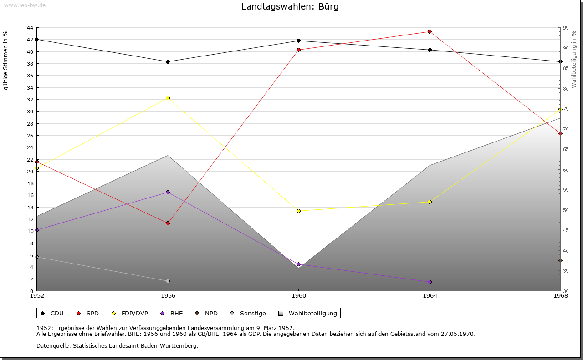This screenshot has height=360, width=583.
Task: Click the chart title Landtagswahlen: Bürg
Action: tap(290, 7)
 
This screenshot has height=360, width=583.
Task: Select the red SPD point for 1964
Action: tap(430, 32)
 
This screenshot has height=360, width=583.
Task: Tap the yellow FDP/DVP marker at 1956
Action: tap(168, 98)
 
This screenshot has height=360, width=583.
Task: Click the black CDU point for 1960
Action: tap(299, 41)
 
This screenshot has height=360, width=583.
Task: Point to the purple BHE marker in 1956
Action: tap(168, 193)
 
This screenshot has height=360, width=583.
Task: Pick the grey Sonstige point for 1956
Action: tap(168, 281)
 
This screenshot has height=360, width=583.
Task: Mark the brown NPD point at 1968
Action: tap(560, 261)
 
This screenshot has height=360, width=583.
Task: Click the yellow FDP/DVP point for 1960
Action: tap(299, 211)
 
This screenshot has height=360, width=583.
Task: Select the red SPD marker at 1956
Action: tap(168, 223)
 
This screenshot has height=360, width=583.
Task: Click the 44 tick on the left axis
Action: tap(30, 28)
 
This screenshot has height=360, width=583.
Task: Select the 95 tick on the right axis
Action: tap(566, 28)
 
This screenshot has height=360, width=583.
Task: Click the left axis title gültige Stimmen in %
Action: tap(6, 60)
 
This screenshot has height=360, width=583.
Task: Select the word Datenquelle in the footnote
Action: tap(53, 345)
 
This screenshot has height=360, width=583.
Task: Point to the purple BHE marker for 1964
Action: tap(430, 282)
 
